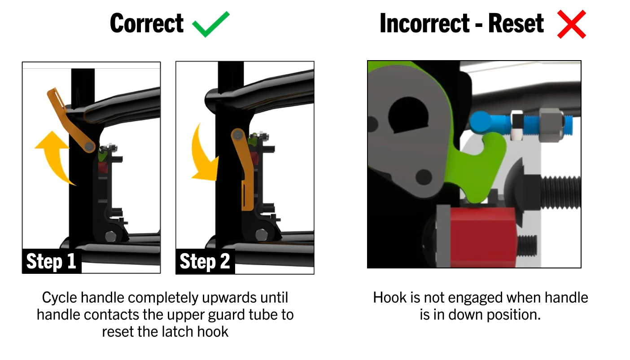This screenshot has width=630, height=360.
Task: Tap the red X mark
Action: [572, 24]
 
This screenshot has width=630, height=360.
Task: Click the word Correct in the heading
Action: [147, 23]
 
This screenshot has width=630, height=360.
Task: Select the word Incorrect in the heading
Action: [424, 23]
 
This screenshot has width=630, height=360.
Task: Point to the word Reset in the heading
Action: [516, 23]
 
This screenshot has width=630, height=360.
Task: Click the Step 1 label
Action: [52, 261]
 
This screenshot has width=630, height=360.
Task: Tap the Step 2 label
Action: [205, 261]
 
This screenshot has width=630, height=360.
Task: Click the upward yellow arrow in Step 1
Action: [53, 158]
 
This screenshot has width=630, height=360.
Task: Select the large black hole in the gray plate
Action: [408, 114]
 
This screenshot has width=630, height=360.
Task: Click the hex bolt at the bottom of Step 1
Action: [110, 236]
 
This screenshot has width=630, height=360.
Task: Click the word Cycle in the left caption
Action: [59, 298]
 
